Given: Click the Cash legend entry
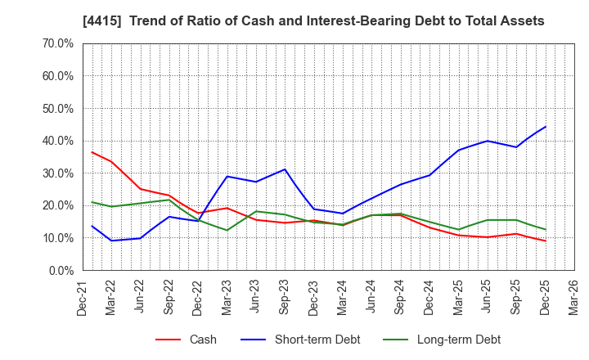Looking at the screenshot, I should [202, 340].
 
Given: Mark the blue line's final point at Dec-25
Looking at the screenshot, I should [546, 127].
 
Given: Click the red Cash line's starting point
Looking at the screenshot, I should [92, 152].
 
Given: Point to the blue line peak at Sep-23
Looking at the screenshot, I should [285, 169].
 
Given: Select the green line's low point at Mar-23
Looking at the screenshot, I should [227, 230].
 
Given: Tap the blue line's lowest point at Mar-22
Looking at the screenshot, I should [111, 241].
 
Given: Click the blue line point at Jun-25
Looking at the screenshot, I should [488, 141].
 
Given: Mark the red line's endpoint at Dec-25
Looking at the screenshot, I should [546, 241].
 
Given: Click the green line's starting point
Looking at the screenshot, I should [92, 202].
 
